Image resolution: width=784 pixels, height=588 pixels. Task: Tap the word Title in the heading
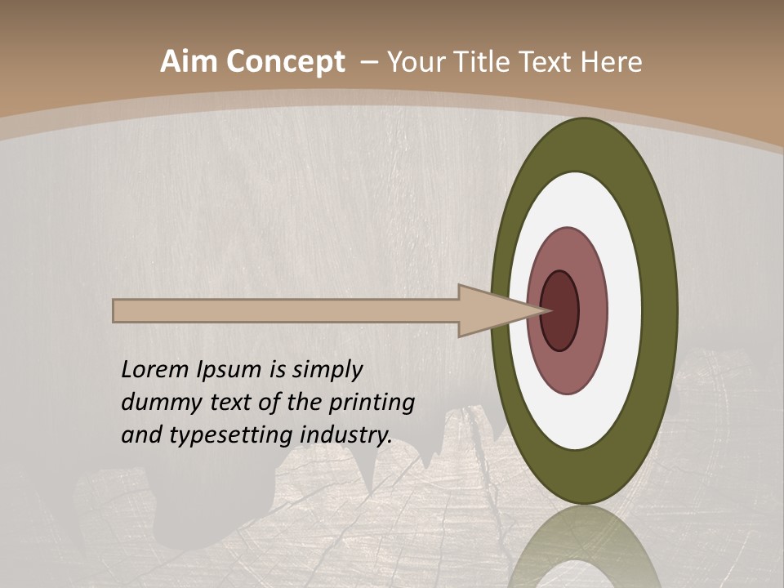pyautogui.click(x=486, y=62)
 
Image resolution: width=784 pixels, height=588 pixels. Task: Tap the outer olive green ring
pyautogui.click(x=661, y=310)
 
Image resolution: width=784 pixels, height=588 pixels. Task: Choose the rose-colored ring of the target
pyautogui.click(x=592, y=310)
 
